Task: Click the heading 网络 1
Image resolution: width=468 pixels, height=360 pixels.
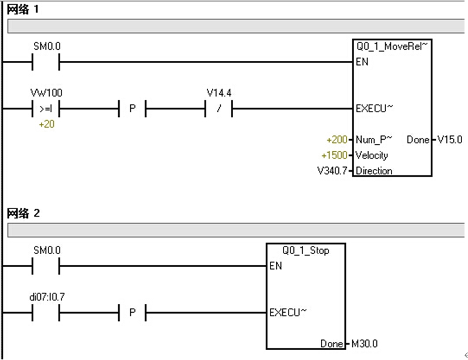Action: (23, 9)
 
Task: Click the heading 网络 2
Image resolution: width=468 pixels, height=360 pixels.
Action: (23, 213)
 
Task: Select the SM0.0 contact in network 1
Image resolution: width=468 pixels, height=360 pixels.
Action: (46, 61)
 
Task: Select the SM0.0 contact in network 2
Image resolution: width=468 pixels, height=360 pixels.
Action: (46, 266)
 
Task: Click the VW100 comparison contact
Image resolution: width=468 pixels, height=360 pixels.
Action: (46, 109)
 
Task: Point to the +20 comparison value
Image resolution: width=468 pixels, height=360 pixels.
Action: (46, 124)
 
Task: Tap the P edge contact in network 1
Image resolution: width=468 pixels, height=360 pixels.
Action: (132, 109)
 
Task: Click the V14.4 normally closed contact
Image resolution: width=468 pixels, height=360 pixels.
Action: (219, 109)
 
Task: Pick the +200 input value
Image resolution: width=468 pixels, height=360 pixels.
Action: (338, 140)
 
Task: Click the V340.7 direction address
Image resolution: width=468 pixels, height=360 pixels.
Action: (333, 171)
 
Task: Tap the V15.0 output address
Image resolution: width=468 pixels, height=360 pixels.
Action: (450, 140)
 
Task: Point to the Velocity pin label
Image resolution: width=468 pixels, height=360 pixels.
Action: (372, 155)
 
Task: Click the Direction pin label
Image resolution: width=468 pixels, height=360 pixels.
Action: (374, 171)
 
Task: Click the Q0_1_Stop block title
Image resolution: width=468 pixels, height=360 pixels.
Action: (306, 251)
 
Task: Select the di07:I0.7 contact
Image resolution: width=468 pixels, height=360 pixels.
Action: (46, 313)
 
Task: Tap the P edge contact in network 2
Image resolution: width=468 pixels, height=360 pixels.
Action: (132, 313)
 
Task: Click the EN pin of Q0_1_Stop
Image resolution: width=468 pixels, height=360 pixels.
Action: (275, 266)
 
